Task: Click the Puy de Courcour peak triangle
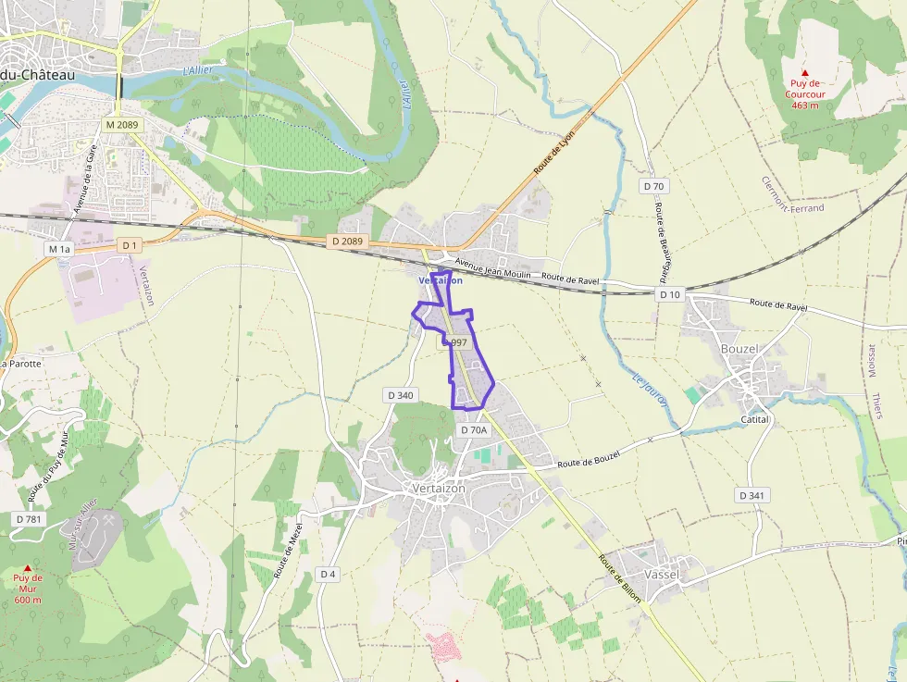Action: pos(804,72)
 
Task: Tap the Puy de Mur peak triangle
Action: pos(28,568)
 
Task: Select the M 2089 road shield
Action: pos(121,124)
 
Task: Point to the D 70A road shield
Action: pos(473,429)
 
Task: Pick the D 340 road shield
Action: pos(400,395)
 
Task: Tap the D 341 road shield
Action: pos(752,495)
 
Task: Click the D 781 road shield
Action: pos(30,519)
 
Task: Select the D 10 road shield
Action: pos(669,294)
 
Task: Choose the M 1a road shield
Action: pos(58,249)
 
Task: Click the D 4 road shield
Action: pos(328,574)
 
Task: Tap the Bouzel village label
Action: pos(739,349)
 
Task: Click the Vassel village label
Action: pos(661,574)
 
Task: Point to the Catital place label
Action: pos(755,419)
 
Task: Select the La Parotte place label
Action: pos(20,364)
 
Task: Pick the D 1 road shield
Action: pos(129,245)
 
